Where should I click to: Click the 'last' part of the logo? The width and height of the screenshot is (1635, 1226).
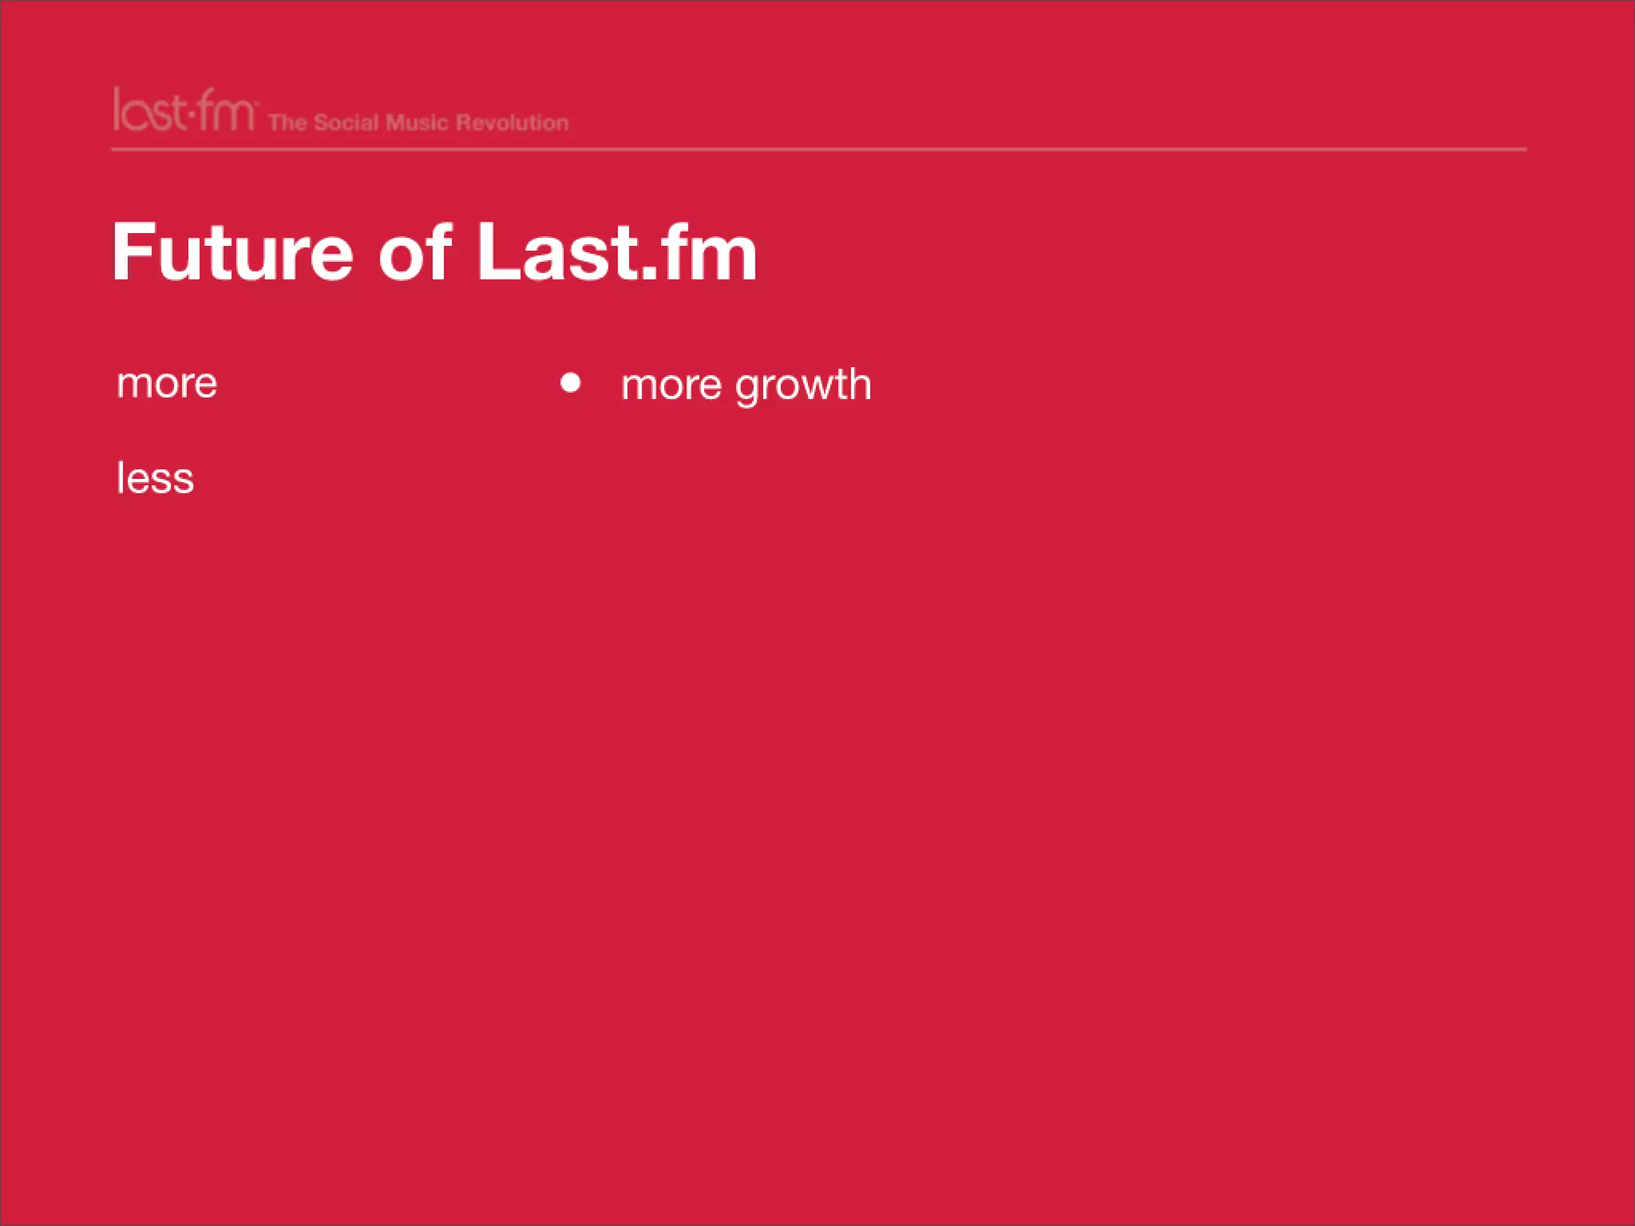click(x=148, y=111)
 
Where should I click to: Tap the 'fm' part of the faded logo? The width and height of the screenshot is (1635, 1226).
click(x=226, y=111)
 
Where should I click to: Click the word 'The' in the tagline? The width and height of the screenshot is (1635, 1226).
click(x=287, y=123)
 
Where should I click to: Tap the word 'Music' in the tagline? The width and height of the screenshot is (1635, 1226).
click(x=417, y=123)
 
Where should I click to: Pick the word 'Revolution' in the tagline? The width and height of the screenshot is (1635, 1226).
click(x=512, y=123)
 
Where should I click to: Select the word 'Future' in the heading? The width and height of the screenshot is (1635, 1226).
click(x=232, y=252)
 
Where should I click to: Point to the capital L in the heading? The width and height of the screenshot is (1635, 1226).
click(x=500, y=252)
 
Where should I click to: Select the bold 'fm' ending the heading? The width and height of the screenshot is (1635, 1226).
click(x=707, y=252)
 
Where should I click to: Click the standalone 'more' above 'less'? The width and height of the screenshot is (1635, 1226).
click(x=167, y=385)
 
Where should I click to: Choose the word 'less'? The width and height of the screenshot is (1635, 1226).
click(x=156, y=479)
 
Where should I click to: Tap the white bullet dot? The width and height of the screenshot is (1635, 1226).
click(x=571, y=383)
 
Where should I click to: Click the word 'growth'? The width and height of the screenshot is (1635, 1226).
click(x=803, y=386)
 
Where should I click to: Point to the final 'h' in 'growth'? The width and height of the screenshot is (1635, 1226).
click(x=858, y=383)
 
